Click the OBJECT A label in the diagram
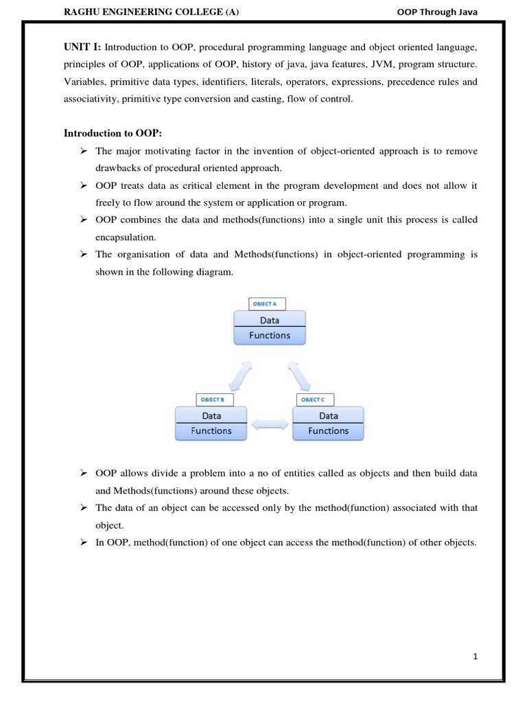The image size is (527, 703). coord(266,303)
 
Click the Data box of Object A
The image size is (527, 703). coord(269,320)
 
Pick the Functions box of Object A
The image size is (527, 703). coord(269,336)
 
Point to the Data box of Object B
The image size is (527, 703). coord(211,415)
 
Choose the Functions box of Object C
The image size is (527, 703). coord(328,431)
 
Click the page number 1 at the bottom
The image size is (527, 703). coord(475,656)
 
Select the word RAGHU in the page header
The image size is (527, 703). coord(82,12)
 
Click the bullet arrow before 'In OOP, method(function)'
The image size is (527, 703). coord(83,542)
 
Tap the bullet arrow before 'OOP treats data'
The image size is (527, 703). coord(83,185)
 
